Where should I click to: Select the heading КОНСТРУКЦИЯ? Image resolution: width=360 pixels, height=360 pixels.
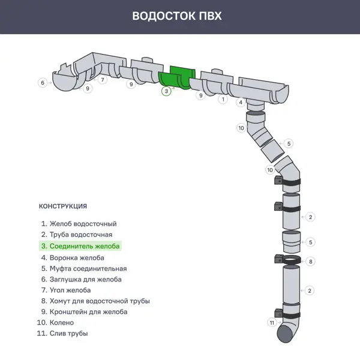[x=63, y=206]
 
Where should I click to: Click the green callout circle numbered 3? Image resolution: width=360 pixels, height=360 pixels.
[x=166, y=91]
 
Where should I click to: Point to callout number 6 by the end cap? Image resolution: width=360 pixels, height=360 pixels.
[x=42, y=83]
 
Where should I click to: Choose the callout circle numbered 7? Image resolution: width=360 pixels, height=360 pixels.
[x=103, y=79]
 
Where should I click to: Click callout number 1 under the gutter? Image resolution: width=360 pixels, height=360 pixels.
[x=223, y=99]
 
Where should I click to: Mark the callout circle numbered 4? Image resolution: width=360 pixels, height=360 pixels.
[x=241, y=103]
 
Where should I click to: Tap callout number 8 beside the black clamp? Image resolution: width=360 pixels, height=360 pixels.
[x=310, y=262]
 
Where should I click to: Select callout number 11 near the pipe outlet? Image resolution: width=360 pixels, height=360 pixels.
[x=272, y=323]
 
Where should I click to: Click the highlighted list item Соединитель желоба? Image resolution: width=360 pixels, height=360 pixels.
[x=80, y=246]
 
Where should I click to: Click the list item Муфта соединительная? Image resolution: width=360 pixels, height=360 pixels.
[x=83, y=269]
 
